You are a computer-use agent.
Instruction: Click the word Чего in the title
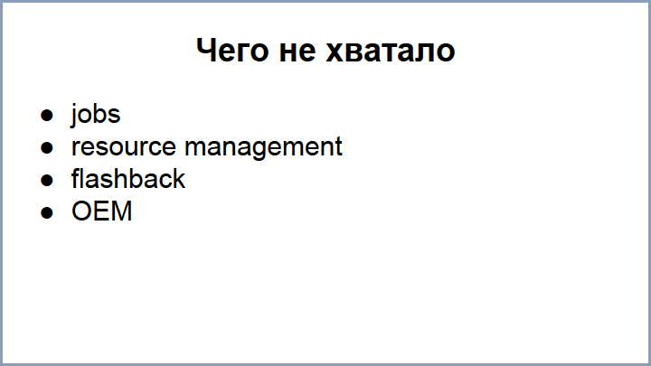click(231, 51)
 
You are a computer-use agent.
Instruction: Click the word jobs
click(96, 116)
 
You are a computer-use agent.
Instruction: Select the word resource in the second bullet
click(124, 147)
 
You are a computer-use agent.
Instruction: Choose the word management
click(263, 147)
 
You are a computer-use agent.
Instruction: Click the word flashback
click(128, 179)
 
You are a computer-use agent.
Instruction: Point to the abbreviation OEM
click(102, 211)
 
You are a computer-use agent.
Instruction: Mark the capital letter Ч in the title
click(205, 51)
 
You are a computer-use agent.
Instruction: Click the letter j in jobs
click(75, 116)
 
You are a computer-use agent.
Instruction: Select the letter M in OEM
click(122, 211)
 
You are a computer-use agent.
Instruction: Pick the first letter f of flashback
click(75, 179)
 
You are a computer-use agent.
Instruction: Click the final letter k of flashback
click(179, 179)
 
